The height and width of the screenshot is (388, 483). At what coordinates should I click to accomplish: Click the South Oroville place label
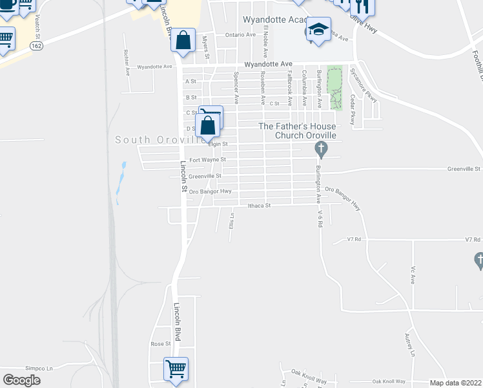[x=155, y=140]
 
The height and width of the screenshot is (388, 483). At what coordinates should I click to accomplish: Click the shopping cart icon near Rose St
[x=176, y=369]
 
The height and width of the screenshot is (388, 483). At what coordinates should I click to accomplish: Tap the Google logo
[x=22, y=380]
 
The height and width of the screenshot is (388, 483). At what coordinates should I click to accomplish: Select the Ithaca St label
[x=258, y=206]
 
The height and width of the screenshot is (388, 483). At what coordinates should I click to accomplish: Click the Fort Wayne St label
[x=207, y=159]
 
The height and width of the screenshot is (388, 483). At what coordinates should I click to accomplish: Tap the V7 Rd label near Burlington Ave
[x=353, y=239]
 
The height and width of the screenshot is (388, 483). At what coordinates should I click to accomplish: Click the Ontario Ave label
[x=240, y=34]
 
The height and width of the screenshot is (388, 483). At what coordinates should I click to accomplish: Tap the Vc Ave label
[x=412, y=275]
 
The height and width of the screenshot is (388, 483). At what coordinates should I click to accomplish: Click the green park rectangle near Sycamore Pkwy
[x=334, y=87]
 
